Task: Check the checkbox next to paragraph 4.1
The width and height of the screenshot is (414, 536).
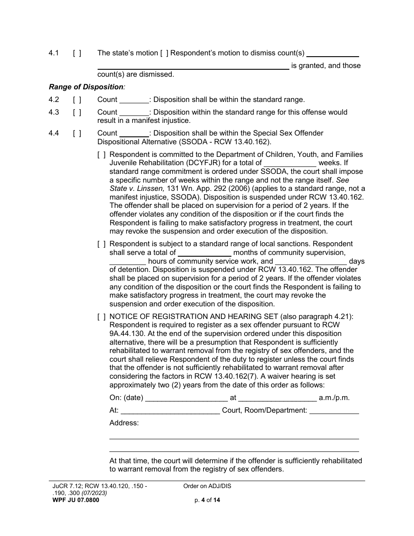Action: click(77, 53)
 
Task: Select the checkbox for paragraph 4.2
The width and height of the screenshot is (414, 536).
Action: click(77, 99)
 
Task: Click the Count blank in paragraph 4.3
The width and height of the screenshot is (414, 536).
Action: click(134, 112)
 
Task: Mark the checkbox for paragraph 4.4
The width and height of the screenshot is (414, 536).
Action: click(77, 133)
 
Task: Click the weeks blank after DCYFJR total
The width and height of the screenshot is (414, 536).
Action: click(289, 163)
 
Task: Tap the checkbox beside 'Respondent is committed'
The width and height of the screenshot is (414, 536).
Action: click(101, 155)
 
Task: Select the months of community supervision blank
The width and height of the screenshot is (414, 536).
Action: click(204, 253)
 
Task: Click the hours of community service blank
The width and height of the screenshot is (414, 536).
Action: click(127, 261)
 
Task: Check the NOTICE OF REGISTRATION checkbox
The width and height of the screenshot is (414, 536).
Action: click(101, 317)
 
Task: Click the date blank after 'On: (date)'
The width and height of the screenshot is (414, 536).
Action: click(186, 398)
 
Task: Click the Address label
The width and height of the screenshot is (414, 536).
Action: click(124, 423)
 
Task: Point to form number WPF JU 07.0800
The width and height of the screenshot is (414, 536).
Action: click(74, 500)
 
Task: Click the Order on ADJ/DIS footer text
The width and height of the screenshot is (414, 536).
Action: click(207, 486)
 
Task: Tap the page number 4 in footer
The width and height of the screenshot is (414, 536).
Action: click(203, 500)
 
